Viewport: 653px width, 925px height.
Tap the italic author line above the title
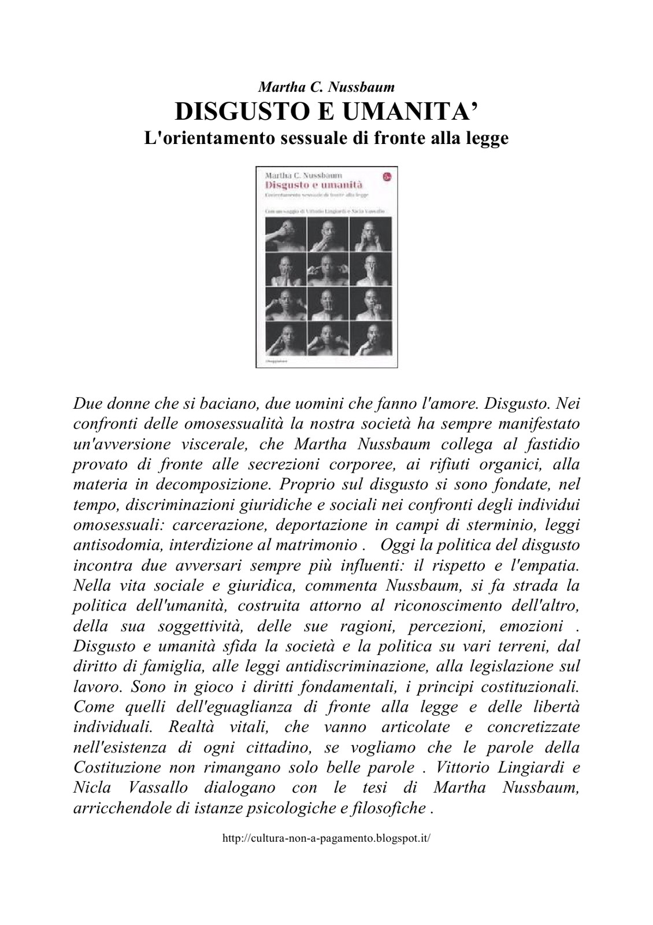click(326, 87)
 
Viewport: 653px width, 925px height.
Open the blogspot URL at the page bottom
click(327, 839)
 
